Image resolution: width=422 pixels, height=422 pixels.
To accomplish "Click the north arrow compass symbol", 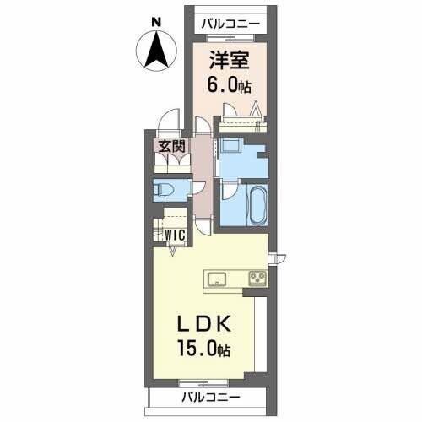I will [156, 50].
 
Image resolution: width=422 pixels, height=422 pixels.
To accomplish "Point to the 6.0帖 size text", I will [229, 85].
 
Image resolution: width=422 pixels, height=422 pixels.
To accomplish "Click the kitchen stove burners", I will [257, 279].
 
